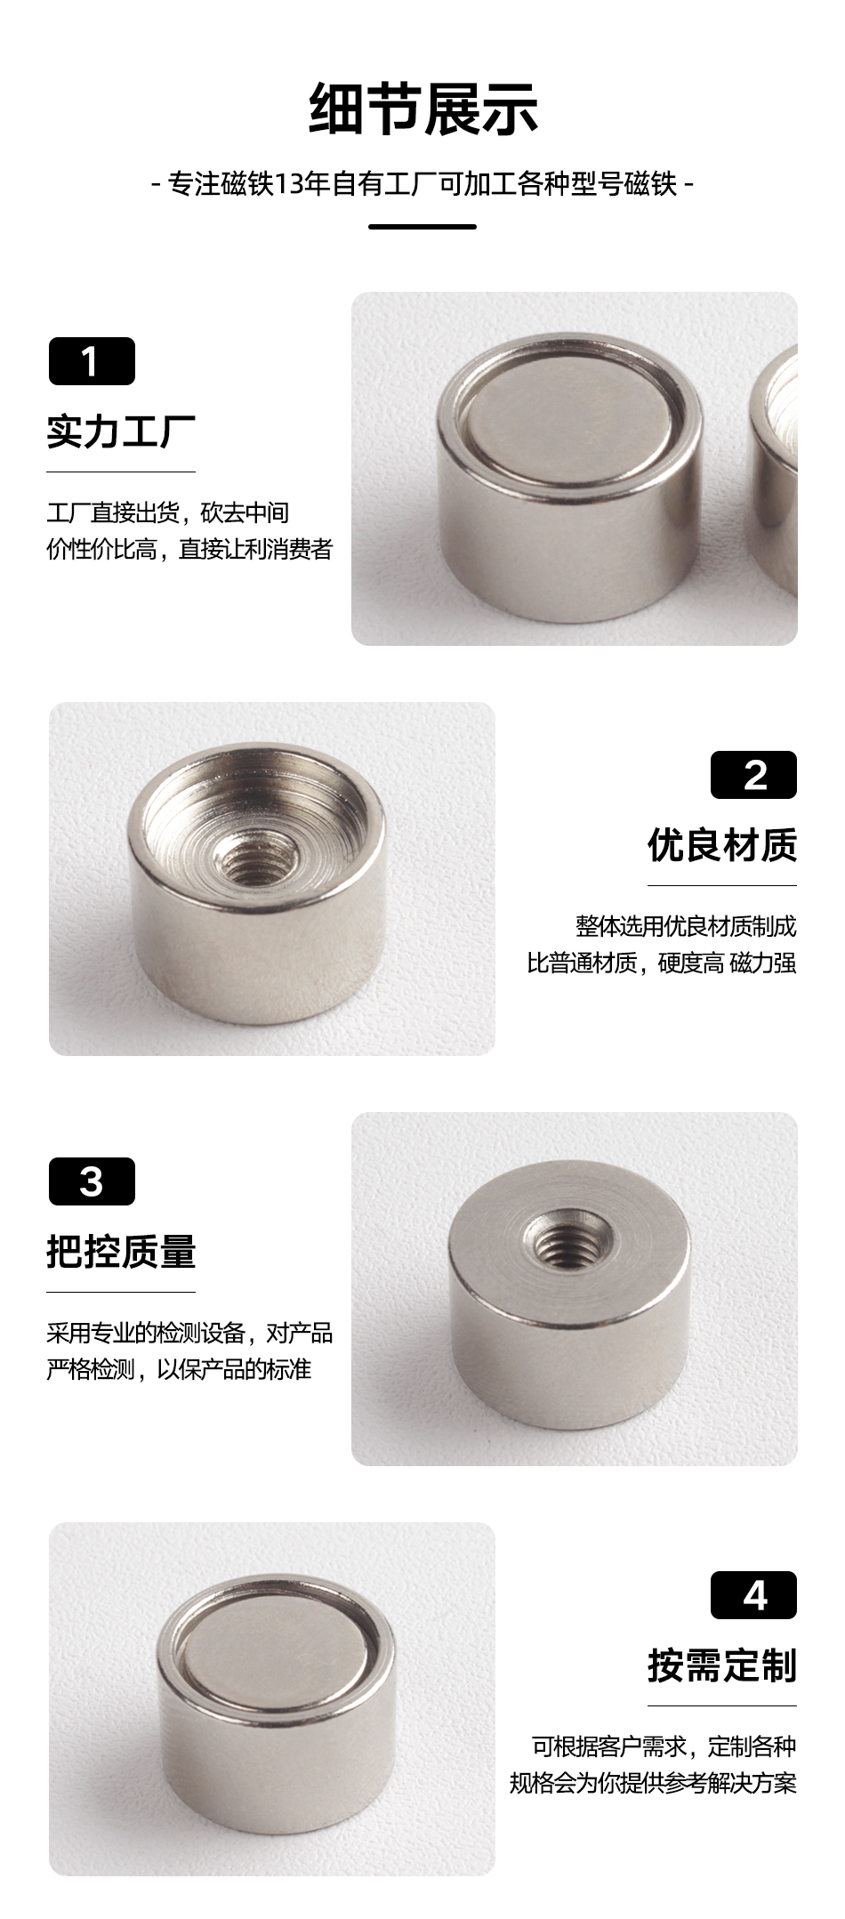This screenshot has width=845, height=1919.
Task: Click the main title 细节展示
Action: point(422,109)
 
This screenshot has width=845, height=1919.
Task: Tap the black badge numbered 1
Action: point(92,361)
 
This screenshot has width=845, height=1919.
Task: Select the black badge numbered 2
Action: point(753,775)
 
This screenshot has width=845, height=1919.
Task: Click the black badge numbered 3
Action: point(92,1181)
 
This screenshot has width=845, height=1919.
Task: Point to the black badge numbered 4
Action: point(753,1595)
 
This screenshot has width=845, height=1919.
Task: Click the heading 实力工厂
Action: point(121,431)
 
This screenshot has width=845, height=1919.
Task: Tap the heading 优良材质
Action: point(722,845)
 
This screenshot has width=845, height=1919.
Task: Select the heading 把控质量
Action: point(121,1252)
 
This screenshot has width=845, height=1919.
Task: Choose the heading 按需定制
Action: point(722,1665)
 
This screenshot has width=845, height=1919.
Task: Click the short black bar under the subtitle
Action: point(422,227)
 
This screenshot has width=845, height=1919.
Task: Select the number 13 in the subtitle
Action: point(289,184)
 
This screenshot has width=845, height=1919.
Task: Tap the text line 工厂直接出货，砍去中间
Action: point(168,512)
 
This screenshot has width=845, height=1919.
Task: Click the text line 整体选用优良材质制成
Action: point(686,926)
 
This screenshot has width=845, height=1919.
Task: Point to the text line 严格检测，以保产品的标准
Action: point(179,1368)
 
